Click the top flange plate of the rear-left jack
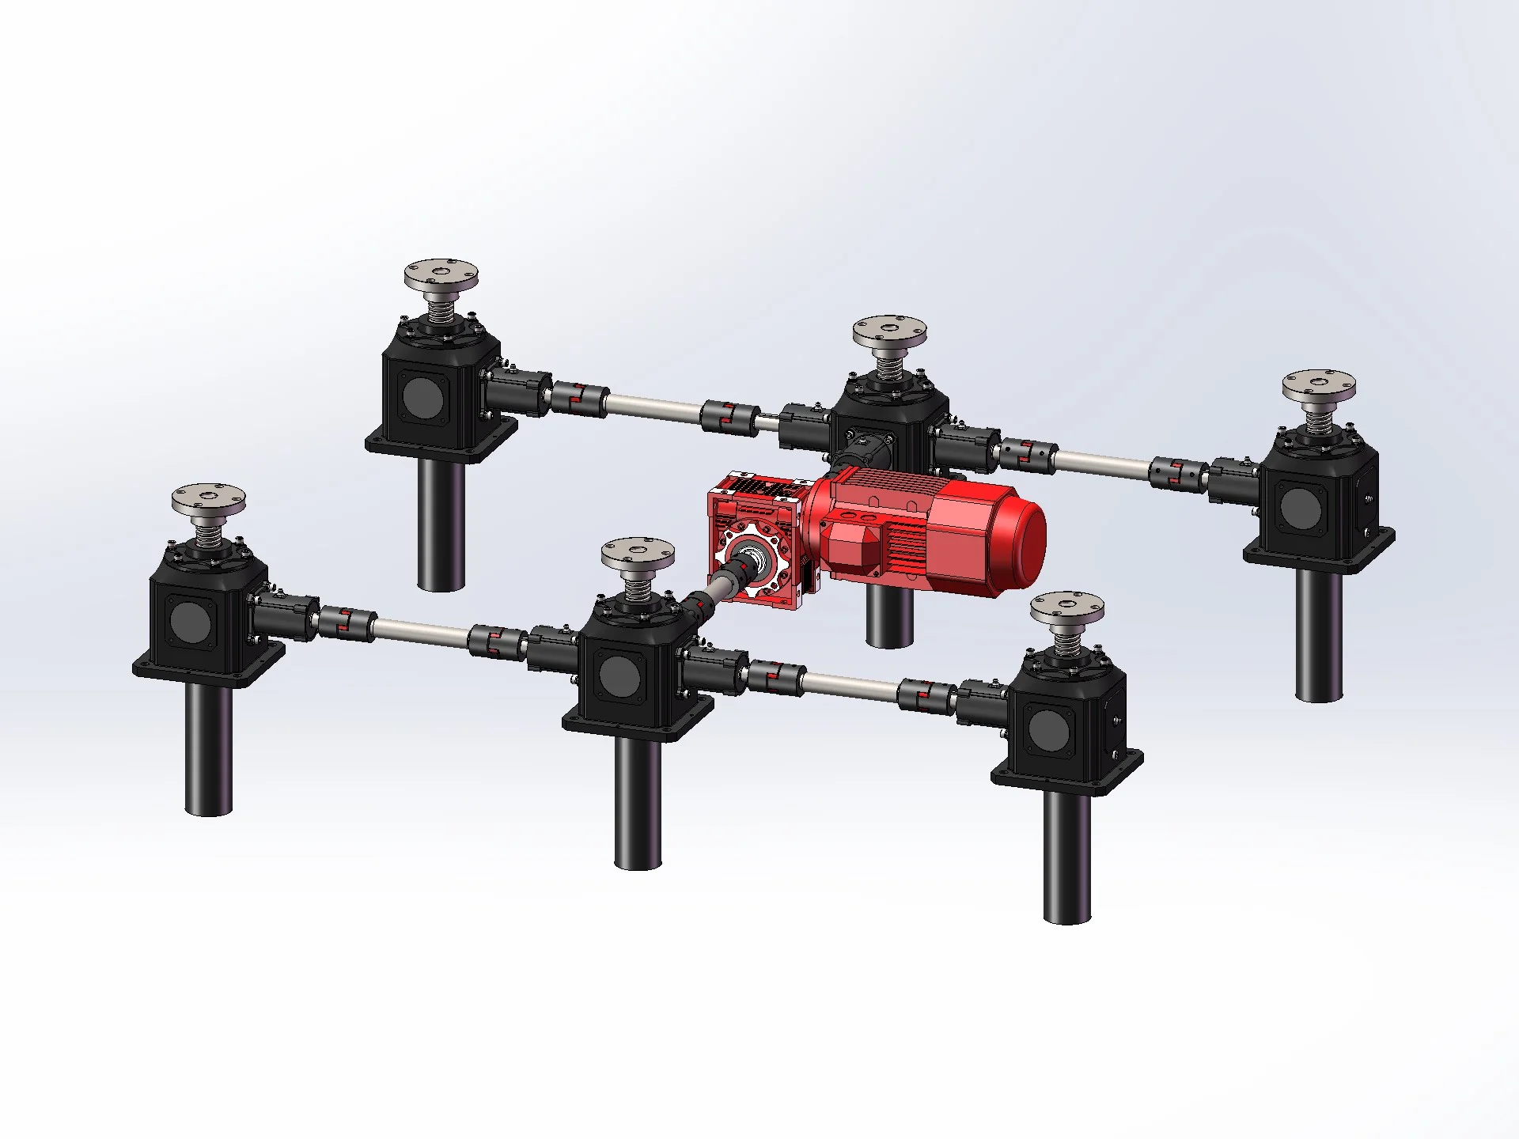(x=442, y=277)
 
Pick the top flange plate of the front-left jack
(x=209, y=500)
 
